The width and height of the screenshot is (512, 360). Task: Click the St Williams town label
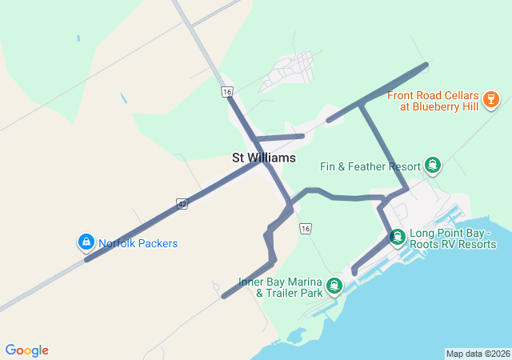pyautogui.click(x=263, y=158)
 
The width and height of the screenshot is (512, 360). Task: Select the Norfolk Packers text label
pyautogui.click(x=138, y=243)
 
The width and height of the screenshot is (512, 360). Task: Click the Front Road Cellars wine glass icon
pyautogui.click(x=491, y=100)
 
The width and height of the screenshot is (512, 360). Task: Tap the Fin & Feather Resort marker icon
pyautogui.click(x=433, y=166)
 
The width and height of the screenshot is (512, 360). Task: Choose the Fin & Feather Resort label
pyautogui.click(x=370, y=166)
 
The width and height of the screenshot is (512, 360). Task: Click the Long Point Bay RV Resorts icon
pyautogui.click(x=397, y=238)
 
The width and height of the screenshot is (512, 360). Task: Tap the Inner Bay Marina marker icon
pyautogui.click(x=334, y=286)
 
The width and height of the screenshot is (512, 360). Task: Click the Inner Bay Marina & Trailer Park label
pyautogui.click(x=280, y=287)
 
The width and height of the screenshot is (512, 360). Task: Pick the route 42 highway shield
pyautogui.click(x=182, y=204)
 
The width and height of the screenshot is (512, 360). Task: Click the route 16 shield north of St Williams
pyautogui.click(x=228, y=93)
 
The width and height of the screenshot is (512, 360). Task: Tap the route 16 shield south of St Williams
pyautogui.click(x=305, y=229)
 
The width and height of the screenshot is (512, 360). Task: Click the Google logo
pyautogui.click(x=26, y=350)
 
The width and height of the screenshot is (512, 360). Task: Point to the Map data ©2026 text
pyautogui.click(x=478, y=354)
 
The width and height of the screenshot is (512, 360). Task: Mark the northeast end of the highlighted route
pyautogui.click(x=426, y=64)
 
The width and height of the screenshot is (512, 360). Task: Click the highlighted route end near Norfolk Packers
pyautogui.click(x=86, y=259)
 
